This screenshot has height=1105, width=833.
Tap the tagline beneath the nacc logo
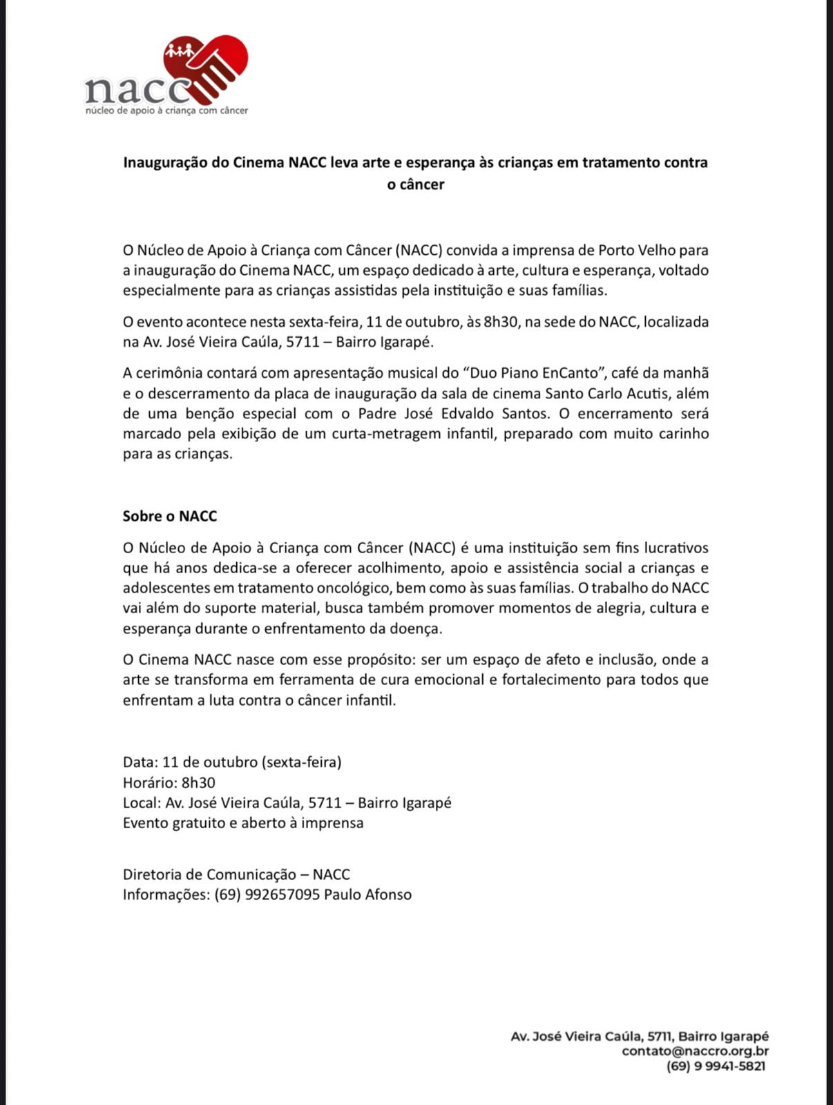click(166, 110)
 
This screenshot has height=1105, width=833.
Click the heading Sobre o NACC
click(170, 516)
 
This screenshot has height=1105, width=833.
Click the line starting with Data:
click(232, 762)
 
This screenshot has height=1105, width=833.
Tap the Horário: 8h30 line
click(169, 782)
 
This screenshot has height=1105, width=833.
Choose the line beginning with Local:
click(287, 803)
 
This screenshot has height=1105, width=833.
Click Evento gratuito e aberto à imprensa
click(243, 823)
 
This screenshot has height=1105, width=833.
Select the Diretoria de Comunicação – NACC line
click(236, 874)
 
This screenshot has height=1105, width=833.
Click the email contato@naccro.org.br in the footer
click(695, 1051)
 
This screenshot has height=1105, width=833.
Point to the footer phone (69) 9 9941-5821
click(716, 1066)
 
